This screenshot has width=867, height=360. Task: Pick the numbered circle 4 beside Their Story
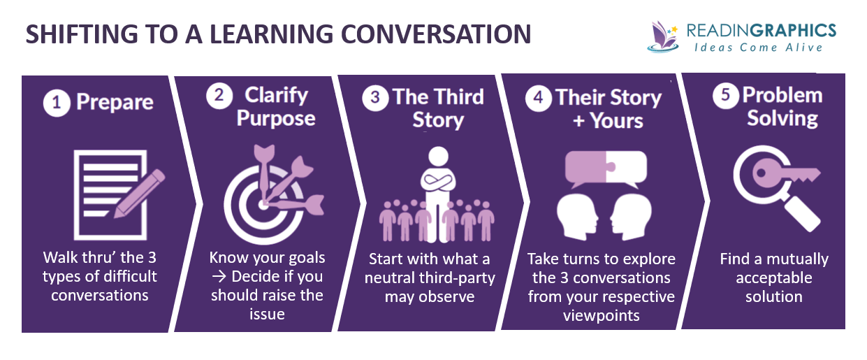click(x=538, y=98)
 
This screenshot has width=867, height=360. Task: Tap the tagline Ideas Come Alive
click(x=759, y=48)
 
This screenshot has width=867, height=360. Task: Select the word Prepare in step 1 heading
click(x=115, y=103)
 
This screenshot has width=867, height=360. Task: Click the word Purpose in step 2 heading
click(x=275, y=118)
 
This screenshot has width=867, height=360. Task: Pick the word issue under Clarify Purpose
click(x=267, y=314)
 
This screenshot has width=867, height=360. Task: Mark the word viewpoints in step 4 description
click(x=600, y=315)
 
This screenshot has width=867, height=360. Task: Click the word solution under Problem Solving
click(x=773, y=296)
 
